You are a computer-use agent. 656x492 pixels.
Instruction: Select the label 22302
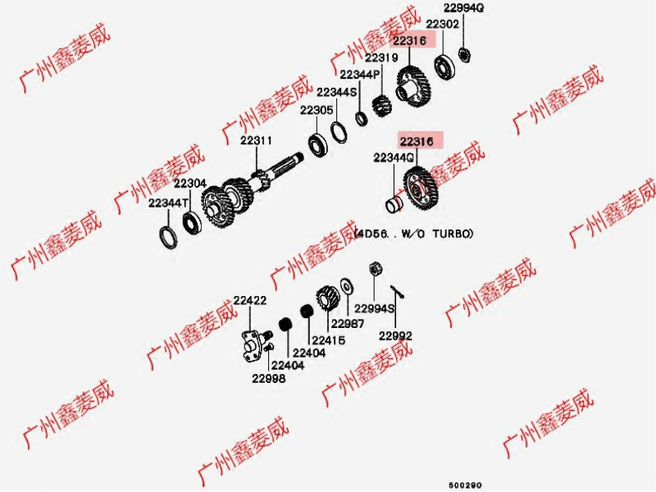coord(442,25)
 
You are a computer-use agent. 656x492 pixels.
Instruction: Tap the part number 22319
coord(381,58)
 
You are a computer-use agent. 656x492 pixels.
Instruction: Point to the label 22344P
coord(358,75)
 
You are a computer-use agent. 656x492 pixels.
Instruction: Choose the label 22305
coord(316,110)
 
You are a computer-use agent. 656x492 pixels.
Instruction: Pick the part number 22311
coord(256,141)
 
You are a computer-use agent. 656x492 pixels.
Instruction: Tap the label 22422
coord(249,301)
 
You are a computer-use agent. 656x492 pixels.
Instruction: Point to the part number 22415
coord(327,339)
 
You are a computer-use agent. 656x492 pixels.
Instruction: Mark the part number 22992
coord(395,336)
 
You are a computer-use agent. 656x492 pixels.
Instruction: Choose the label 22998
coord(269,378)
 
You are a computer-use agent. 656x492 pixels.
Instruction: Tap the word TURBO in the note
coord(456,234)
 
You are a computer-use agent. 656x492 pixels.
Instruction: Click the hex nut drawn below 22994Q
coord(462,55)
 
